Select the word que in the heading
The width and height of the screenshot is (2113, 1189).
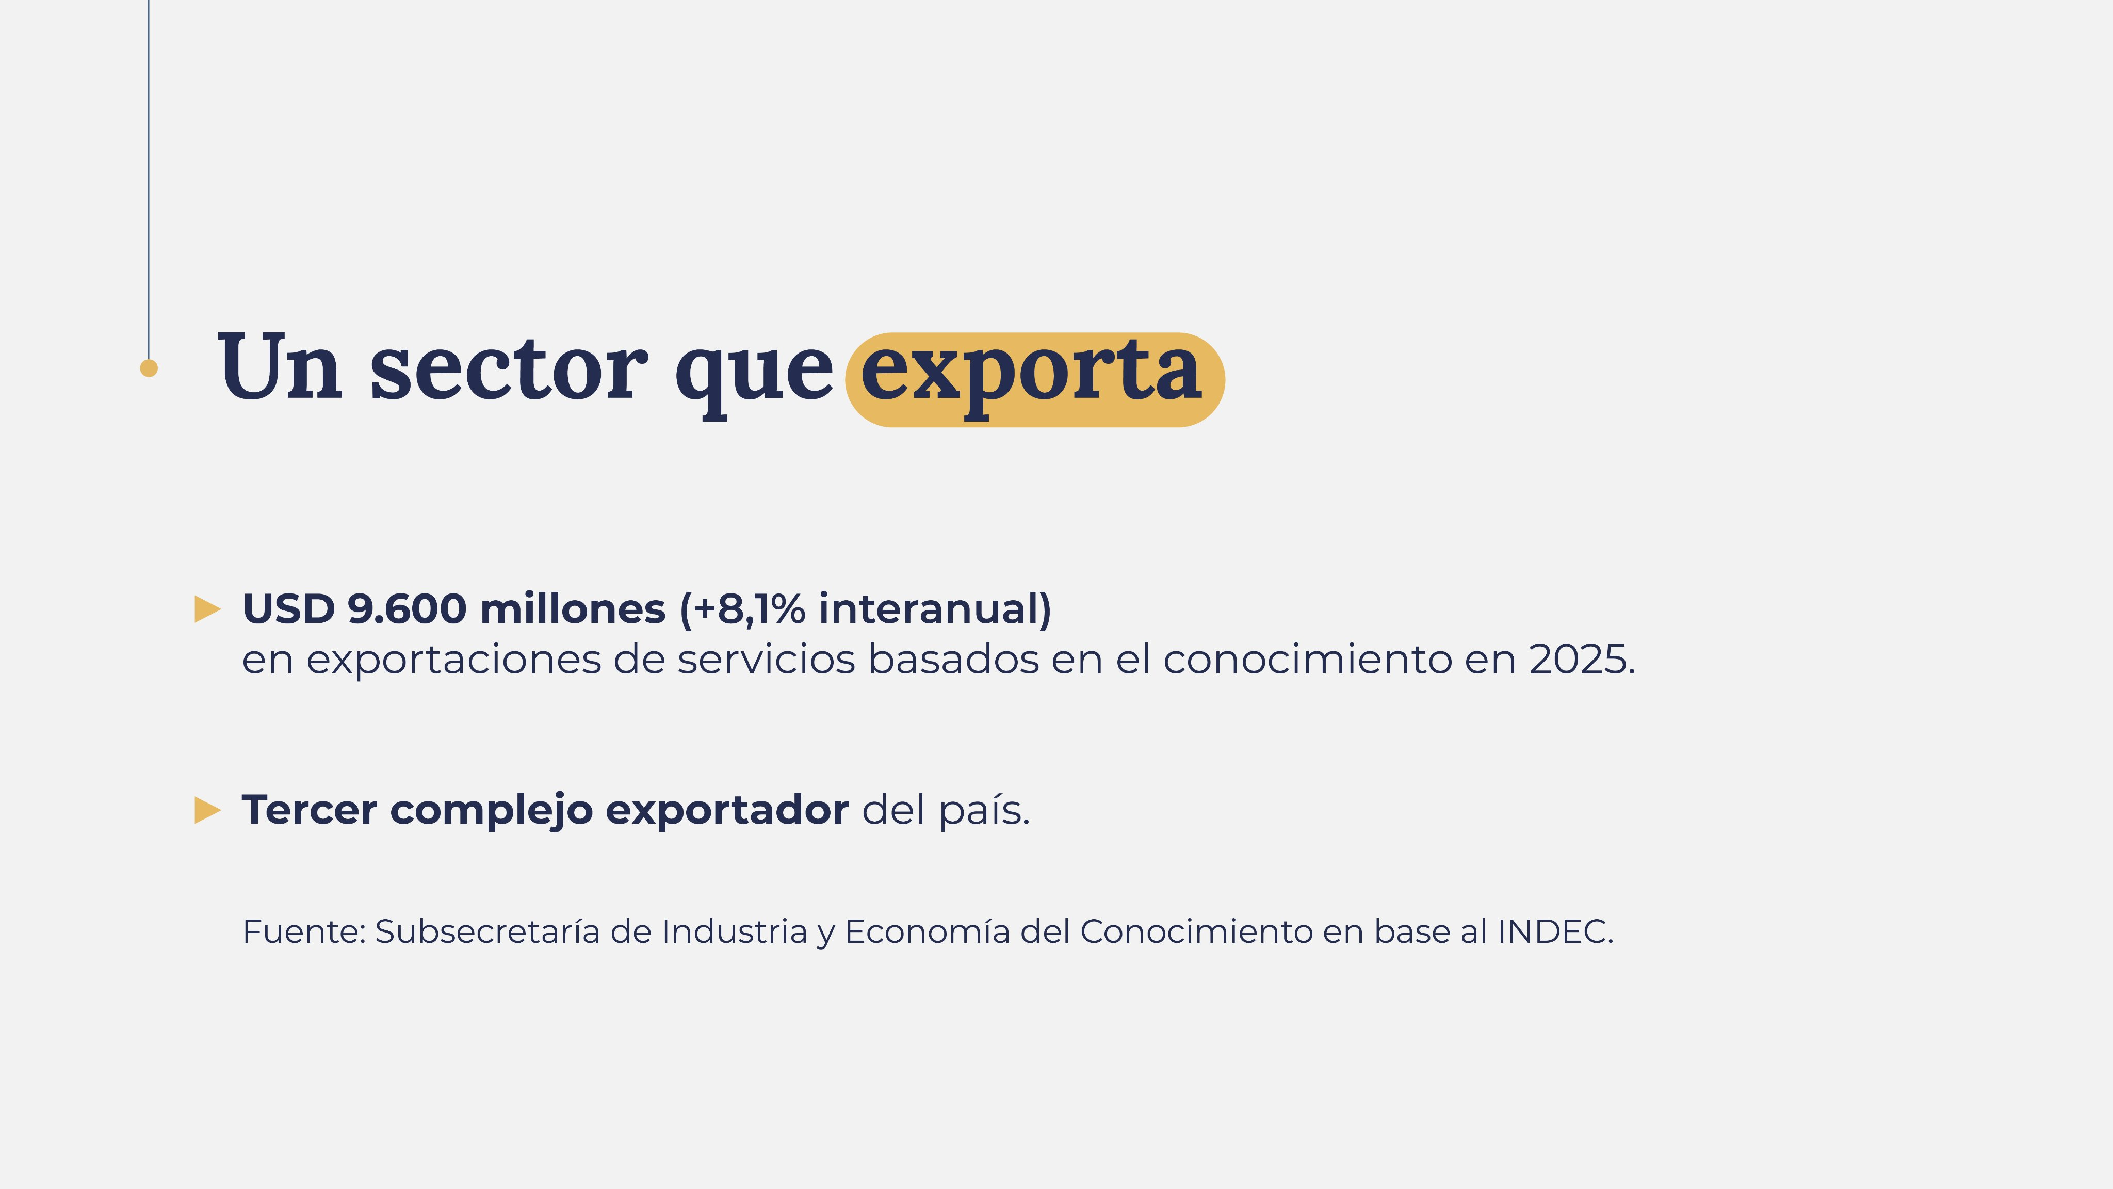753,373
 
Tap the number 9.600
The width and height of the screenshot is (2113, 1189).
407,609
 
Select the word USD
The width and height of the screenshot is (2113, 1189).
289,609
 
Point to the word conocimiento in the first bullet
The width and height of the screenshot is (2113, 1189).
1308,659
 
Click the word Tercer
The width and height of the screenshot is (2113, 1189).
309,810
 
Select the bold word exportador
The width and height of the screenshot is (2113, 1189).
727,810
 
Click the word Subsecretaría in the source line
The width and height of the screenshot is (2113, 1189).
487,931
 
